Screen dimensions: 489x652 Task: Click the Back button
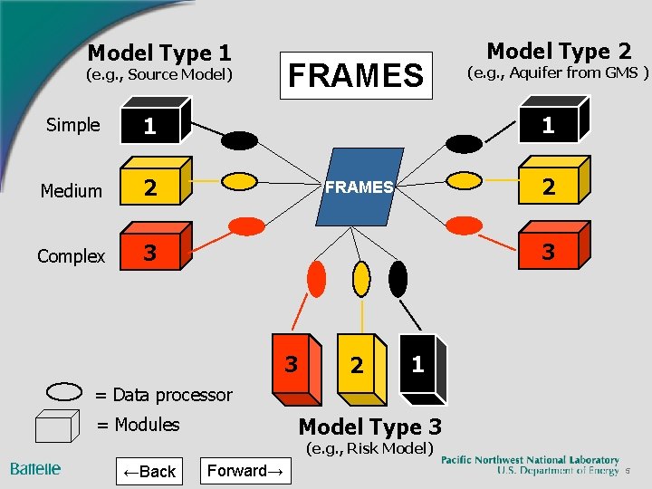(x=149, y=471)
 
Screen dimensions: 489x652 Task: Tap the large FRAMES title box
(x=355, y=75)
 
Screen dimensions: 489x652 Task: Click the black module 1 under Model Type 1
(x=154, y=125)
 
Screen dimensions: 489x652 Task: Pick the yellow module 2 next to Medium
(x=154, y=187)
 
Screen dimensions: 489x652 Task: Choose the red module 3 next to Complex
(x=154, y=252)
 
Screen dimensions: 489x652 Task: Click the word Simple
(x=72, y=125)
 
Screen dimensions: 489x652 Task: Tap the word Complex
(x=71, y=256)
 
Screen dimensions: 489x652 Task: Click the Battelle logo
(x=36, y=468)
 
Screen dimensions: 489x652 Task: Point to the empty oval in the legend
(x=64, y=391)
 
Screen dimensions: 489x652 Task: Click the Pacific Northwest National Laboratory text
(x=530, y=460)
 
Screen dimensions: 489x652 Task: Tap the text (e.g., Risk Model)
(x=371, y=448)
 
